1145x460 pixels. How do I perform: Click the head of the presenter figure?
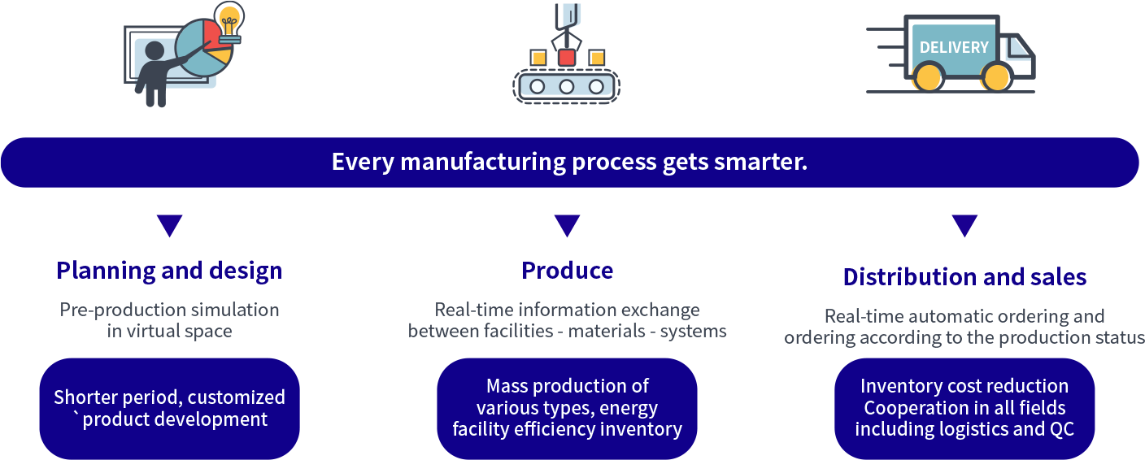pyautogui.click(x=155, y=51)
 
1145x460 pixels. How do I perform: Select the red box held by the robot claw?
pyautogui.click(x=566, y=57)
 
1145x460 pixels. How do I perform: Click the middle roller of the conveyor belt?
pyautogui.click(x=566, y=86)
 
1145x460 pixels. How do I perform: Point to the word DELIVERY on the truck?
pyautogui.click(x=954, y=47)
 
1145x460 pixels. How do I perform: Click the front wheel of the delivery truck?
pyautogui.click(x=995, y=76)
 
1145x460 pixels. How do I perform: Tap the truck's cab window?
pyautogui.click(x=1017, y=49)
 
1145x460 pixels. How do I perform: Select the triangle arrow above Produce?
pyautogui.click(x=567, y=225)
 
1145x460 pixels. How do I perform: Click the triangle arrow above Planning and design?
pyautogui.click(x=170, y=225)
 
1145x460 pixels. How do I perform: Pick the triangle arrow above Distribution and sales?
pyautogui.click(x=964, y=225)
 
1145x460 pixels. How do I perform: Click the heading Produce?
pyautogui.click(x=567, y=271)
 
